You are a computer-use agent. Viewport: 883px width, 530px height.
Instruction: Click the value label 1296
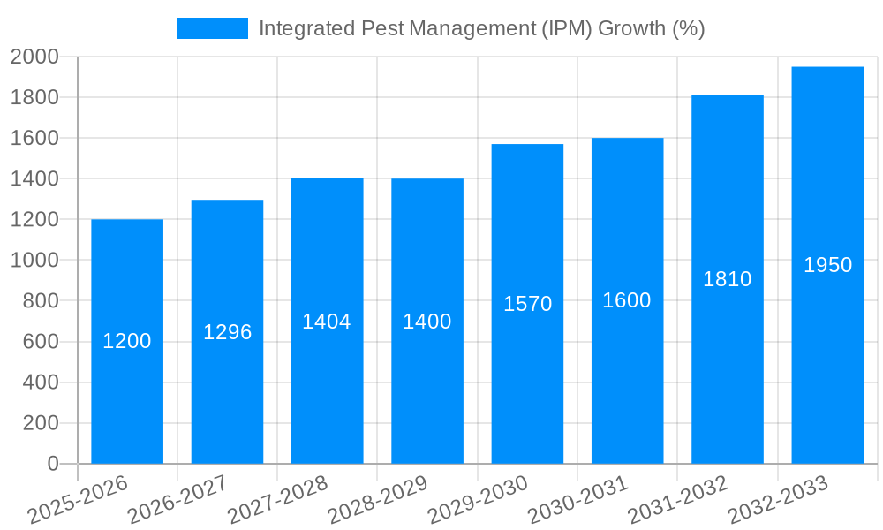(x=228, y=332)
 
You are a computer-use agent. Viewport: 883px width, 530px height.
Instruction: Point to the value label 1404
(x=327, y=322)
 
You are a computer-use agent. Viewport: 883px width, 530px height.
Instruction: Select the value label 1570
(x=528, y=304)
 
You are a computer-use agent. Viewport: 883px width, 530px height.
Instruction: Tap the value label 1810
(x=728, y=279)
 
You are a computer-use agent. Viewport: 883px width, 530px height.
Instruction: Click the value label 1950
(x=828, y=265)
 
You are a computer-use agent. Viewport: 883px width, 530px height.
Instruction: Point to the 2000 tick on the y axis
(x=34, y=57)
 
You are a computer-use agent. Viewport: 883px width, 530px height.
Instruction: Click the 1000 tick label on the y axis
(x=34, y=261)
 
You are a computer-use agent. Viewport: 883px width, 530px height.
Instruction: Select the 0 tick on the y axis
(x=53, y=464)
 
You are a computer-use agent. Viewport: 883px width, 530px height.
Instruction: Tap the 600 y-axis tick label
(x=41, y=342)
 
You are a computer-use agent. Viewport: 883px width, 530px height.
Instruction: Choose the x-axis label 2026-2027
(x=177, y=499)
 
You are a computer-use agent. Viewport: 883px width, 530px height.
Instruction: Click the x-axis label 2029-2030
(x=478, y=499)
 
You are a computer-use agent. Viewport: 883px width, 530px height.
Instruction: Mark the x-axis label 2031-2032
(x=677, y=499)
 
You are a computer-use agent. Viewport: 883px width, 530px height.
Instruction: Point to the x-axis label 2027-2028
(x=277, y=499)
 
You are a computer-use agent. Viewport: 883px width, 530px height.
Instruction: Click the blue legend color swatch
(x=213, y=28)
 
